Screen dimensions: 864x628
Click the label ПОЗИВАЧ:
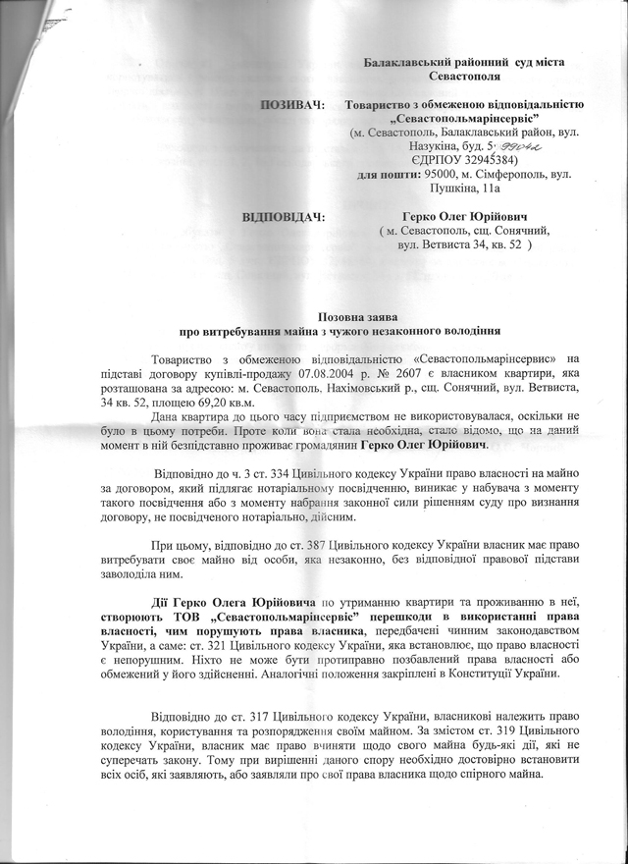[292, 104]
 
